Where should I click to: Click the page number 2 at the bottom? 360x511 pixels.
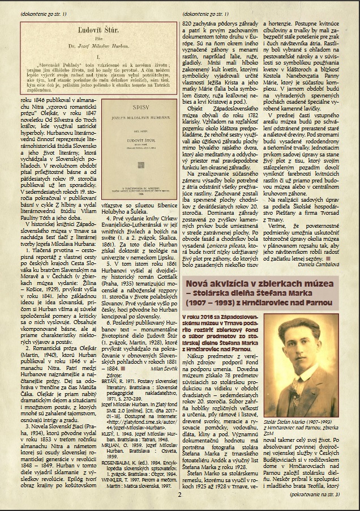178,494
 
